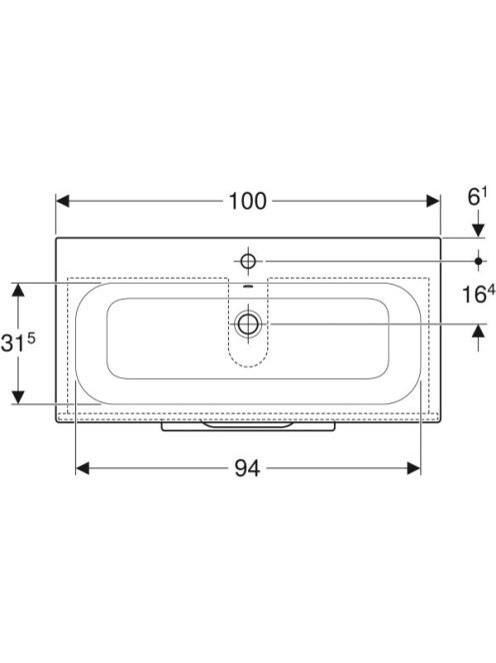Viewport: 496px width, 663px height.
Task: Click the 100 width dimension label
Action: pyautogui.click(x=248, y=202)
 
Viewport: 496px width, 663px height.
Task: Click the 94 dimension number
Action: pyautogui.click(x=247, y=468)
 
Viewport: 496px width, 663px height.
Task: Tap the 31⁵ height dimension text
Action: pyautogui.click(x=18, y=342)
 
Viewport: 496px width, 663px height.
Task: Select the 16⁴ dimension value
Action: pyautogui.click(x=478, y=294)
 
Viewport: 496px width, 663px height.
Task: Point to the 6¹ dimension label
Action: pyautogui.click(x=477, y=197)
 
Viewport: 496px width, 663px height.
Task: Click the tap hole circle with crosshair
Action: pyautogui.click(x=248, y=262)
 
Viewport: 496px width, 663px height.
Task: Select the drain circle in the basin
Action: pyautogui.click(x=248, y=324)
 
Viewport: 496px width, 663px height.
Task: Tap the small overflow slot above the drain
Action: pyautogui.click(x=248, y=287)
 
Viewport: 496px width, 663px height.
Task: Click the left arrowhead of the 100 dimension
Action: pyautogui.click(x=63, y=202)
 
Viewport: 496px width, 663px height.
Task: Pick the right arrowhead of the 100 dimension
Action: pyautogui.click(x=433, y=202)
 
